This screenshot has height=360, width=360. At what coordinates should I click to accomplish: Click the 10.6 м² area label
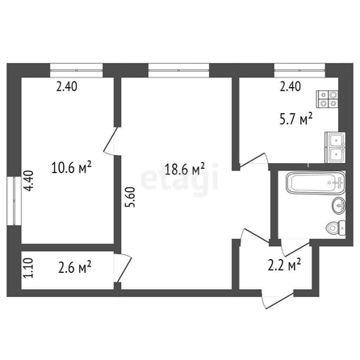71,167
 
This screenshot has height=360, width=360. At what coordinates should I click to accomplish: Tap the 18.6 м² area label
185,169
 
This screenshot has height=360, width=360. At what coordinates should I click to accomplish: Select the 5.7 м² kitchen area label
296,119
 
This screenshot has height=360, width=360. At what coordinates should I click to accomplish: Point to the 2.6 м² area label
75,267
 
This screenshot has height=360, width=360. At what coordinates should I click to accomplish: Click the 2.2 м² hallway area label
284,265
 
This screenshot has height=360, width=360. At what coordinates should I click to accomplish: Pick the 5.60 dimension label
131,197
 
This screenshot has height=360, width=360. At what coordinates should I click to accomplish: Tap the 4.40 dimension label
28,181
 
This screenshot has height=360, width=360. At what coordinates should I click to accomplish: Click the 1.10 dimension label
28,268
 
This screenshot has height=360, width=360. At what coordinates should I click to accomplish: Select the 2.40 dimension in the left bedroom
67,86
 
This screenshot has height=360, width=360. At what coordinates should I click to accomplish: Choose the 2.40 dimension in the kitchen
291,86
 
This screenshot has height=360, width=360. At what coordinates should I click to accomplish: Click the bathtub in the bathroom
316,183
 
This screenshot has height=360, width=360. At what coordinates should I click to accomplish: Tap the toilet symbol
336,228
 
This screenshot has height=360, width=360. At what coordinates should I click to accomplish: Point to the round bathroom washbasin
339,206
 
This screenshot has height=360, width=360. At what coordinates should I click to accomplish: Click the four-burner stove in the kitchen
327,99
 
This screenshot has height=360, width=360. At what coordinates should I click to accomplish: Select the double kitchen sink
335,148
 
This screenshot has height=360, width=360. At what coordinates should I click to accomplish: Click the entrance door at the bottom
277,299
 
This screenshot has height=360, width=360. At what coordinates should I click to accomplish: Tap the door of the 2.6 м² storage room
123,268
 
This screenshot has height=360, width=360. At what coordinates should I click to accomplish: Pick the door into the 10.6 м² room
111,141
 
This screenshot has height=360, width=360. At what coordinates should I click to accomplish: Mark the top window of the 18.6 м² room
178,70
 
